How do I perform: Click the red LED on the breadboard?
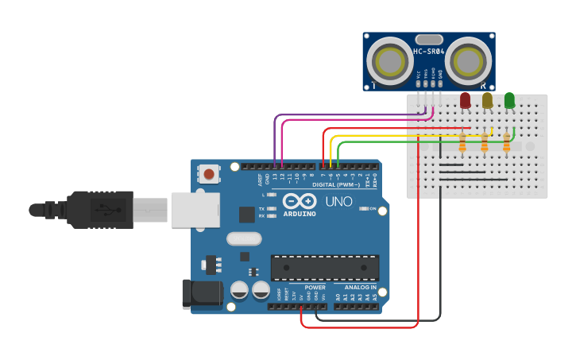[x=465, y=100]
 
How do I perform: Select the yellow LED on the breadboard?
[x=487, y=100]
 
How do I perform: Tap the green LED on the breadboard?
[x=509, y=100]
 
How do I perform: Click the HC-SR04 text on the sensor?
[x=429, y=52]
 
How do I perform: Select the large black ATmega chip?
[x=325, y=268]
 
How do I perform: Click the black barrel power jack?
[x=200, y=293]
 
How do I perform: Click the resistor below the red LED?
[x=462, y=142]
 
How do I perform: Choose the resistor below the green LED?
[x=507, y=142]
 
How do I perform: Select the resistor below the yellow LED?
[x=485, y=142]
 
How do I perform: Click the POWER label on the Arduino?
[x=315, y=288]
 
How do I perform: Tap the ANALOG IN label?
[x=360, y=288]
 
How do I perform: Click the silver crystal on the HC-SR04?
[x=429, y=39]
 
